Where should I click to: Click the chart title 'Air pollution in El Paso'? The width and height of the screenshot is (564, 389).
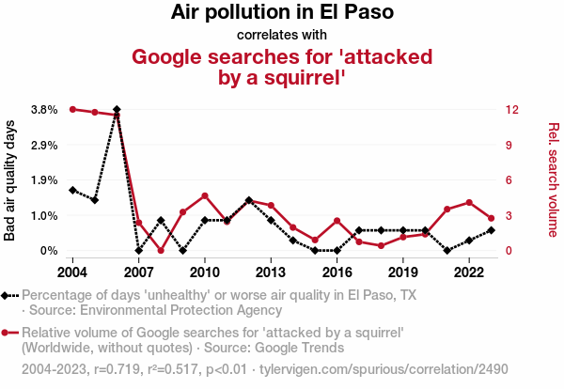click(282, 13)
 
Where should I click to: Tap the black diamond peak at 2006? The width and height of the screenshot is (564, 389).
click(117, 110)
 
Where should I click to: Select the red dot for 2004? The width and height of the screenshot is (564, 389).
click(72, 109)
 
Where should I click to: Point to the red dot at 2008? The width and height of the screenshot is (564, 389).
click(161, 251)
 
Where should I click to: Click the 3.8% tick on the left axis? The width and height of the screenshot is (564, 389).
click(44, 110)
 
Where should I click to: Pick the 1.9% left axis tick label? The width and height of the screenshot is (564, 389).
click(44, 180)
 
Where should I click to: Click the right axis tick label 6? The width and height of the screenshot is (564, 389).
click(508, 180)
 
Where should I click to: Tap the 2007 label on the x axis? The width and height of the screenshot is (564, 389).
click(138, 272)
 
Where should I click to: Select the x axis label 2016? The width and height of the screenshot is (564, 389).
click(337, 272)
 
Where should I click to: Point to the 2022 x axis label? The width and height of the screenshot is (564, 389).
click(469, 272)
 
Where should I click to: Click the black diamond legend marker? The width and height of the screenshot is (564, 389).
click(7, 295)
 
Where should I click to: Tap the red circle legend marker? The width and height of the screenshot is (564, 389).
click(7, 333)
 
